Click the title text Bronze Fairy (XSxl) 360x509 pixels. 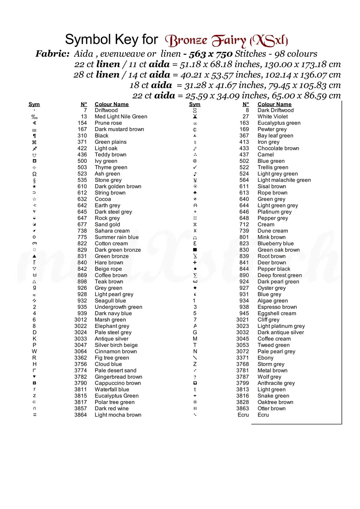226,40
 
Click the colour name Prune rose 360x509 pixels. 108,123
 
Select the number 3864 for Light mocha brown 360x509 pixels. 80,415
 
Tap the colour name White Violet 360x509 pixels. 272,116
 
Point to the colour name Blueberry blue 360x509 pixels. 275,243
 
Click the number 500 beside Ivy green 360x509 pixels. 82,161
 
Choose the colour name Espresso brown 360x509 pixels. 277,307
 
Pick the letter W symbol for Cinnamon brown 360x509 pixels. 34,351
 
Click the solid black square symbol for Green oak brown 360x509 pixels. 195,250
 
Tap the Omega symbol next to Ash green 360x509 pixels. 34,174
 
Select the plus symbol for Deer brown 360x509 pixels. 195,262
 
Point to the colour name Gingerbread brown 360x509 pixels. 118,377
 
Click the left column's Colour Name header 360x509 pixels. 111,104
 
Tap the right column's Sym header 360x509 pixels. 195,104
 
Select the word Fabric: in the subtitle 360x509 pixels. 53,54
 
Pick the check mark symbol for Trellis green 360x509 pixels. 195,167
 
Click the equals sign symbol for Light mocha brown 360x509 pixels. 34,415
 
